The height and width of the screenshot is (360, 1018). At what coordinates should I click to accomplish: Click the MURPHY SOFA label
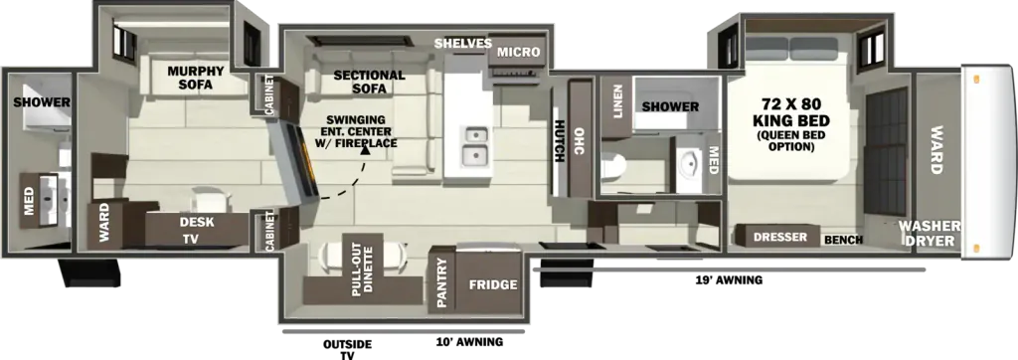click(x=196, y=77)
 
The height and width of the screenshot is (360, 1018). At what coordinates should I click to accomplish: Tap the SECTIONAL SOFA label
click(x=369, y=82)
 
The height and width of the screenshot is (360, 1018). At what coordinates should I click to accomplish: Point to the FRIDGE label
click(x=493, y=284)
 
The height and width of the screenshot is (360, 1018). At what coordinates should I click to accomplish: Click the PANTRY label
click(x=442, y=282)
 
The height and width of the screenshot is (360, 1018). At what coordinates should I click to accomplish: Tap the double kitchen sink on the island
click(x=476, y=145)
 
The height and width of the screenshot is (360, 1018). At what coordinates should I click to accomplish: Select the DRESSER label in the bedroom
click(x=780, y=238)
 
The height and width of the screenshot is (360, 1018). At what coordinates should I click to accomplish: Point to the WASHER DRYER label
click(x=930, y=234)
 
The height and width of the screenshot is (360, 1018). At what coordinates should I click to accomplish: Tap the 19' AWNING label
click(x=727, y=280)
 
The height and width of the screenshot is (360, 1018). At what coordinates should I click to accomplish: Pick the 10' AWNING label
click(x=469, y=342)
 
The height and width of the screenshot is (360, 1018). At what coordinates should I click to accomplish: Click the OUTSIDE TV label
click(x=347, y=350)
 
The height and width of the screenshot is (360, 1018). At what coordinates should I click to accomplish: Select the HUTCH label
click(x=560, y=142)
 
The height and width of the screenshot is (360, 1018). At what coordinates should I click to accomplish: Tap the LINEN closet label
click(x=617, y=102)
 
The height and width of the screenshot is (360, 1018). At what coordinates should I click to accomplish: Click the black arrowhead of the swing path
click(x=366, y=151)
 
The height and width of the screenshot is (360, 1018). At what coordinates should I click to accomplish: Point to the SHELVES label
click(x=463, y=44)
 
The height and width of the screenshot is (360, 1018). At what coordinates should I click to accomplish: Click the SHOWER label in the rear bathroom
click(x=42, y=102)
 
